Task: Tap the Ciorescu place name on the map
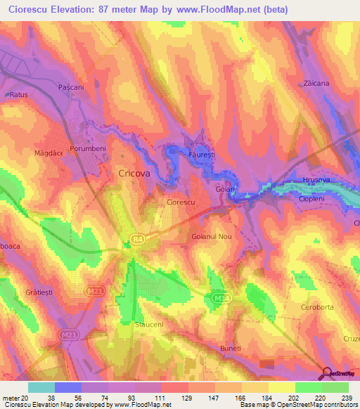(x=180, y=202)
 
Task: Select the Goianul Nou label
(x=212, y=237)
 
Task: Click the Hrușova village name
(x=316, y=181)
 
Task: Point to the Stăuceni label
(x=148, y=325)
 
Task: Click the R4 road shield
(x=137, y=240)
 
